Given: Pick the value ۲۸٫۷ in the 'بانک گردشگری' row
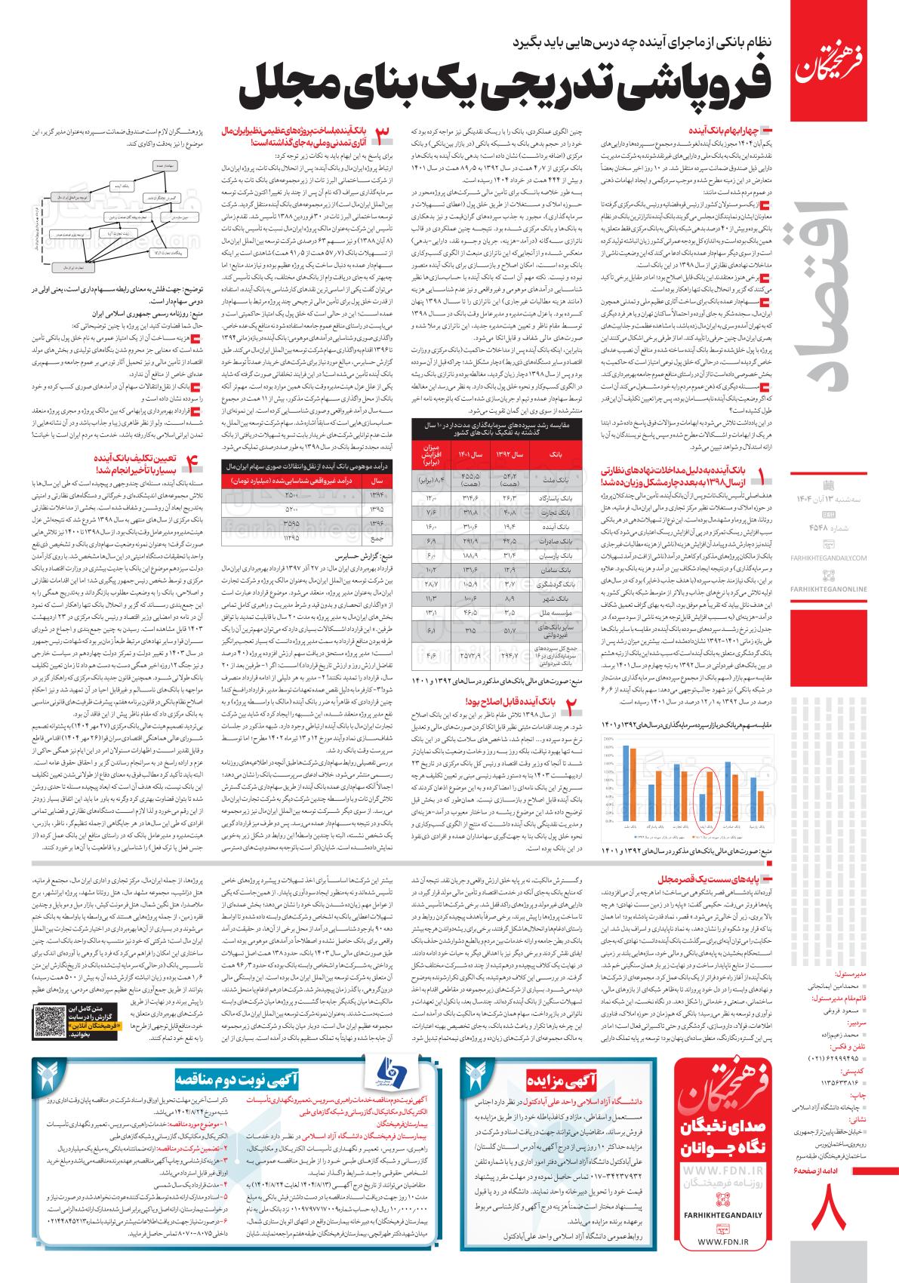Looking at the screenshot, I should (431, 585).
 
